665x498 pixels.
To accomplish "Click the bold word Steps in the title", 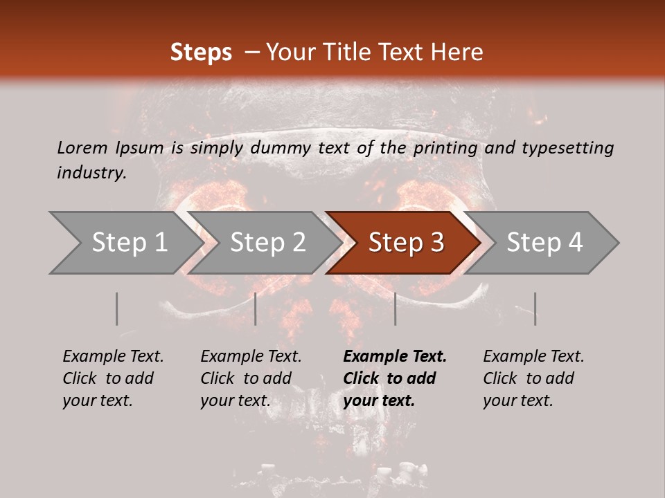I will [x=201, y=53].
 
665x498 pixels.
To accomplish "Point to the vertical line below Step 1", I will [x=117, y=308].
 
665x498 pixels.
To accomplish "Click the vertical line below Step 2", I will [x=256, y=308].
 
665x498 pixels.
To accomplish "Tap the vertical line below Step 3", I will [x=395, y=308].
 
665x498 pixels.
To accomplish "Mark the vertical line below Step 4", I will [x=535, y=308].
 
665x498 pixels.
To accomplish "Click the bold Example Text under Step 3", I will [x=395, y=378].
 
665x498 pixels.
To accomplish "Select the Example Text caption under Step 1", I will [x=113, y=378].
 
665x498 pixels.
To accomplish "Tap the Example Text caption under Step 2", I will [x=251, y=378].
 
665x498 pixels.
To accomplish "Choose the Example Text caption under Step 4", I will [x=533, y=378].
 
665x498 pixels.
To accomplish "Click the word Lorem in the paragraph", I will [x=82, y=147].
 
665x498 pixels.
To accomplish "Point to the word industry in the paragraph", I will [x=91, y=173].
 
